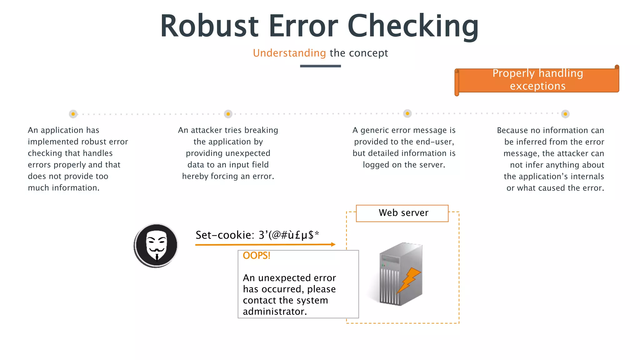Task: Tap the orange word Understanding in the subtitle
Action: [289, 53]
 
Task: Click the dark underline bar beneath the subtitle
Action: [320, 66]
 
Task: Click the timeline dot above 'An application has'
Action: [73, 114]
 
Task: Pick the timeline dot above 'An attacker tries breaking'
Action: [228, 114]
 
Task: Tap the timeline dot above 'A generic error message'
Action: [407, 113]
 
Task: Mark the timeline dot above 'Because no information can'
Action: [565, 114]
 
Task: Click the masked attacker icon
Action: [156, 246]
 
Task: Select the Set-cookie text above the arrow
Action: [257, 235]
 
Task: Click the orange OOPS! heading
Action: [256, 256]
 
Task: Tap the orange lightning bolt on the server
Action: [409, 280]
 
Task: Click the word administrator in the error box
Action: [274, 311]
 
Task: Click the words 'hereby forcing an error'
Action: [228, 176]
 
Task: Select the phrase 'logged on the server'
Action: [404, 165]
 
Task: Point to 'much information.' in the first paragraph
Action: [63, 188]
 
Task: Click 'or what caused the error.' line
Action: [555, 188]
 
